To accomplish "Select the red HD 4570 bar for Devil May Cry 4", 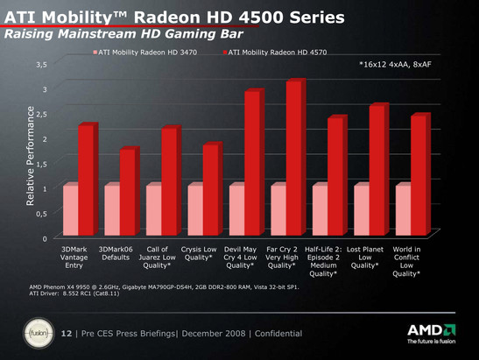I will (x=252, y=164).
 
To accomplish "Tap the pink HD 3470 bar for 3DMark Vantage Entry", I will (x=70, y=211).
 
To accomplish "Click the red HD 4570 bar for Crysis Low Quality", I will (x=210, y=191).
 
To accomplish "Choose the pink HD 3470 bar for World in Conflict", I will (x=403, y=211).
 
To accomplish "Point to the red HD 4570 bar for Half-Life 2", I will (x=335, y=178).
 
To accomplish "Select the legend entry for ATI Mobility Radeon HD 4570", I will (x=276, y=53).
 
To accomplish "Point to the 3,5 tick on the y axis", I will (x=39, y=64).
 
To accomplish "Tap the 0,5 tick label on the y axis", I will (x=39, y=213).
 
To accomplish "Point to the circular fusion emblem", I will (x=39, y=334).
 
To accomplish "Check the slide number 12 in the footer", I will (x=67, y=334).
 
